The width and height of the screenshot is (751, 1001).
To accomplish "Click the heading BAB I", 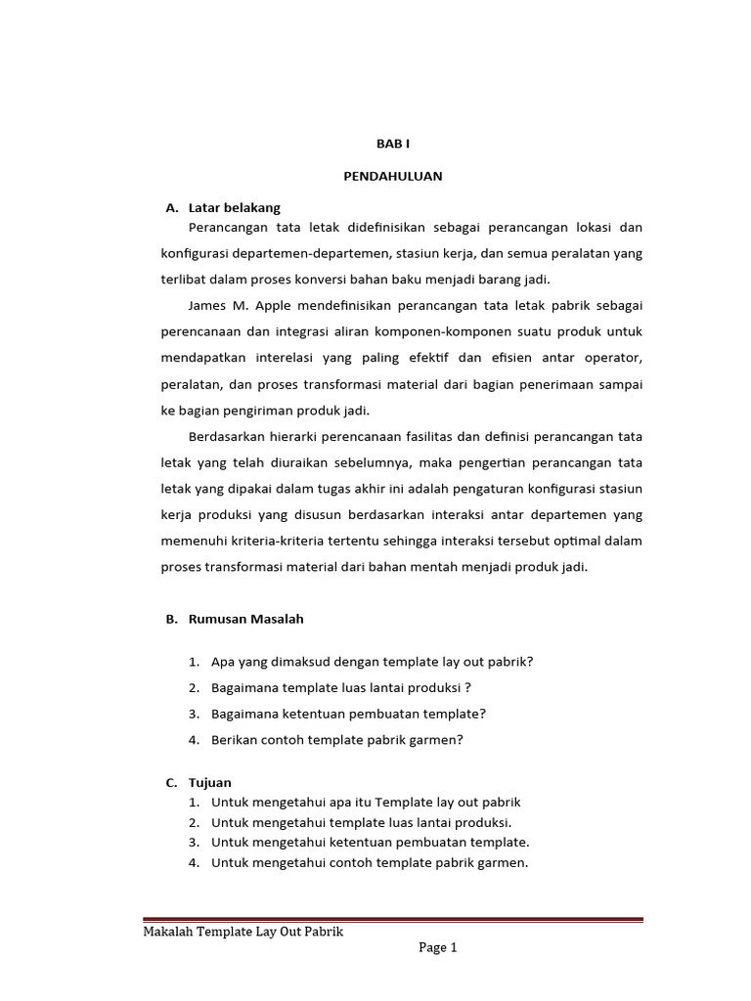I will [x=394, y=144].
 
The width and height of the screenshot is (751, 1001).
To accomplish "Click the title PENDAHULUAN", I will [x=393, y=176].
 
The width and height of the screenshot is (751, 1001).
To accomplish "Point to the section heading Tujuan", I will [x=211, y=782].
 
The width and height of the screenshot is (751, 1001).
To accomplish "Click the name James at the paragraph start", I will [x=207, y=306].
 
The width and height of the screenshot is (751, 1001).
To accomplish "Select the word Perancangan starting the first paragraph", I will [x=228, y=228].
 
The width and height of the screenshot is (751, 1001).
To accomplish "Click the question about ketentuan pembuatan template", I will [x=348, y=714].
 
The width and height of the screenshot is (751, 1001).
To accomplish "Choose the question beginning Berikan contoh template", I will [x=336, y=740].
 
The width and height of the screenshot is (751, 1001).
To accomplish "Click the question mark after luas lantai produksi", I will [x=468, y=688].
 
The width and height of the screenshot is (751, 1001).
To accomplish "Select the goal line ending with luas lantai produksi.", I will [x=361, y=822].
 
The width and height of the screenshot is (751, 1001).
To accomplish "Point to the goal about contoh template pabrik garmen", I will [x=369, y=862].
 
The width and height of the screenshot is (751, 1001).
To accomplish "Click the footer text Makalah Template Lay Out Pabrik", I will [x=243, y=932].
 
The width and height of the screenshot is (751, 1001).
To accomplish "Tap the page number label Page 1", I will [x=437, y=947].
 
